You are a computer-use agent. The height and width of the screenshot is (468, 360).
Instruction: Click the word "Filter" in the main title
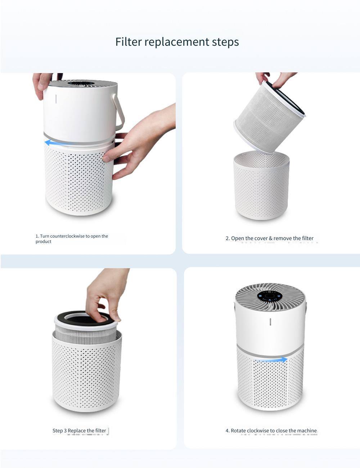[128, 42]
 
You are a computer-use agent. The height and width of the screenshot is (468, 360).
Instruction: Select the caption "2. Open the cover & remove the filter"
[269, 238]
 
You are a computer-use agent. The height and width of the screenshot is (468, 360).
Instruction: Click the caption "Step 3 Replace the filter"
[79, 431]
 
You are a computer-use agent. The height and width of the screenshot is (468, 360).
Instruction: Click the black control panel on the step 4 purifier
[270, 296]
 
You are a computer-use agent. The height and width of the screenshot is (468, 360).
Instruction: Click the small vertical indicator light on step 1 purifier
[56, 99]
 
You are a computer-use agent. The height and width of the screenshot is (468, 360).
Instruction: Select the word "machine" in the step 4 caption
[307, 431]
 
